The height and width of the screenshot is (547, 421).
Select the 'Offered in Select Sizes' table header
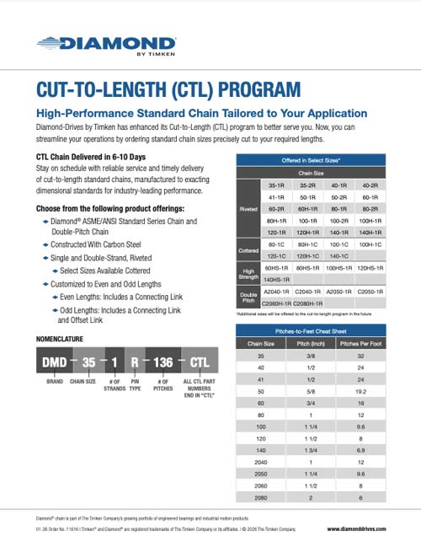tap(305, 158)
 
